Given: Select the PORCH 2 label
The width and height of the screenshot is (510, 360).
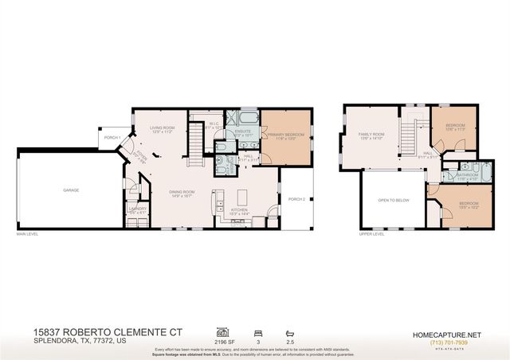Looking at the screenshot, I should (x=296, y=198).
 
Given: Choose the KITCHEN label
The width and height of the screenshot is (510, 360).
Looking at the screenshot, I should (x=238, y=212).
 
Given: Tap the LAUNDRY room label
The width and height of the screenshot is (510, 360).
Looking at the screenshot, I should (x=137, y=209).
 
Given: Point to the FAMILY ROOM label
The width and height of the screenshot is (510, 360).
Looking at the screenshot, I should (x=371, y=135).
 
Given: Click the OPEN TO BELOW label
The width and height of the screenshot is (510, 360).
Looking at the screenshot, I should (x=394, y=200).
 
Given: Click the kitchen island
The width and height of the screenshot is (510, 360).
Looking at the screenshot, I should (x=240, y=197).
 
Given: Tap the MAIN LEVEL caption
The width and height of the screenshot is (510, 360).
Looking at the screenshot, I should (x=27, y=234).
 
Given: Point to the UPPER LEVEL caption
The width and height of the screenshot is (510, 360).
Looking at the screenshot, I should (x=371, y=234).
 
